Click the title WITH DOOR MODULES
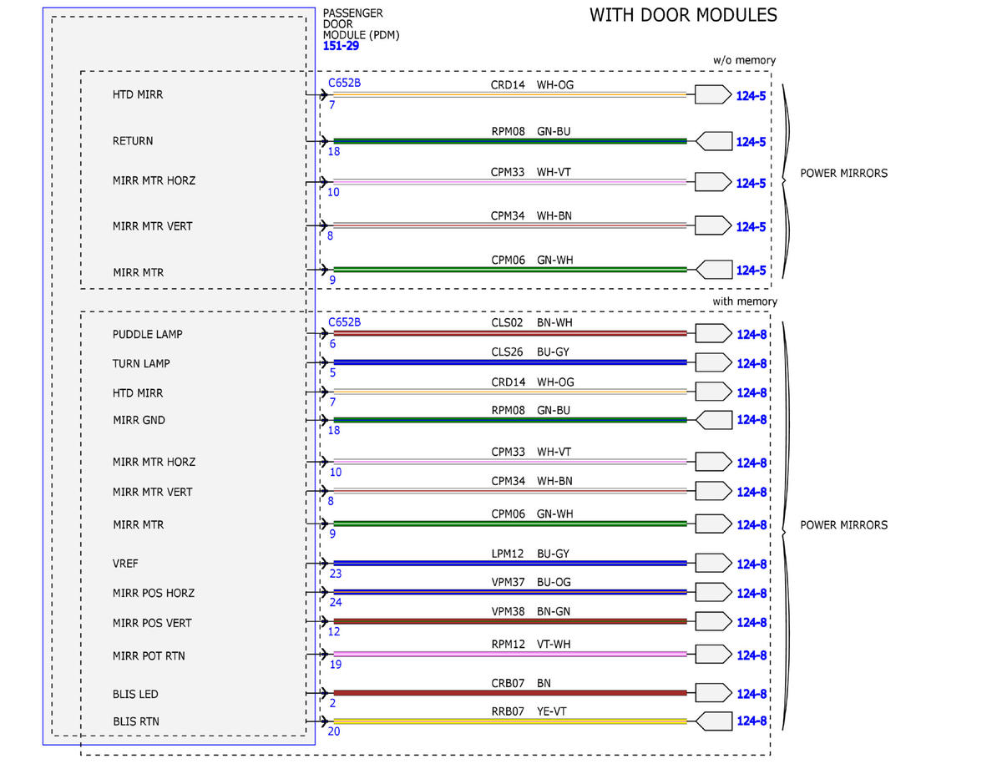click(x=683, y=15)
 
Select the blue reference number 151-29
click(x=341, y=46)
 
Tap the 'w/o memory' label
click(x=744, y=60)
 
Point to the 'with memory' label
click(x=745, y=301)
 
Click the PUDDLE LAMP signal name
click(x=148, y=334)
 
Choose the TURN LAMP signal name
click(x=141, y=364)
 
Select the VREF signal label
click(x=125, y=564)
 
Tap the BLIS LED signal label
click(x=135, y=694)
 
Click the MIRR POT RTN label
click(x=149, y=656)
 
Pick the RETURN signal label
click(x=133, y=141)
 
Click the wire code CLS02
click(x=507, y=322)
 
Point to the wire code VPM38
click(x=509, y=612)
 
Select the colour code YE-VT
click(x=551, y=711)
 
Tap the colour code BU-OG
click(x=554, y=582)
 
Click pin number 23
click(x=336, y=574)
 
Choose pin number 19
click(x=336, y=665)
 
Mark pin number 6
click(x=332, y=344)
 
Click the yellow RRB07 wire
click(x=510, y=721)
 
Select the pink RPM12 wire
click(x=510, y=654)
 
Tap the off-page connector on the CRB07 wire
click(x=713, y=693)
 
